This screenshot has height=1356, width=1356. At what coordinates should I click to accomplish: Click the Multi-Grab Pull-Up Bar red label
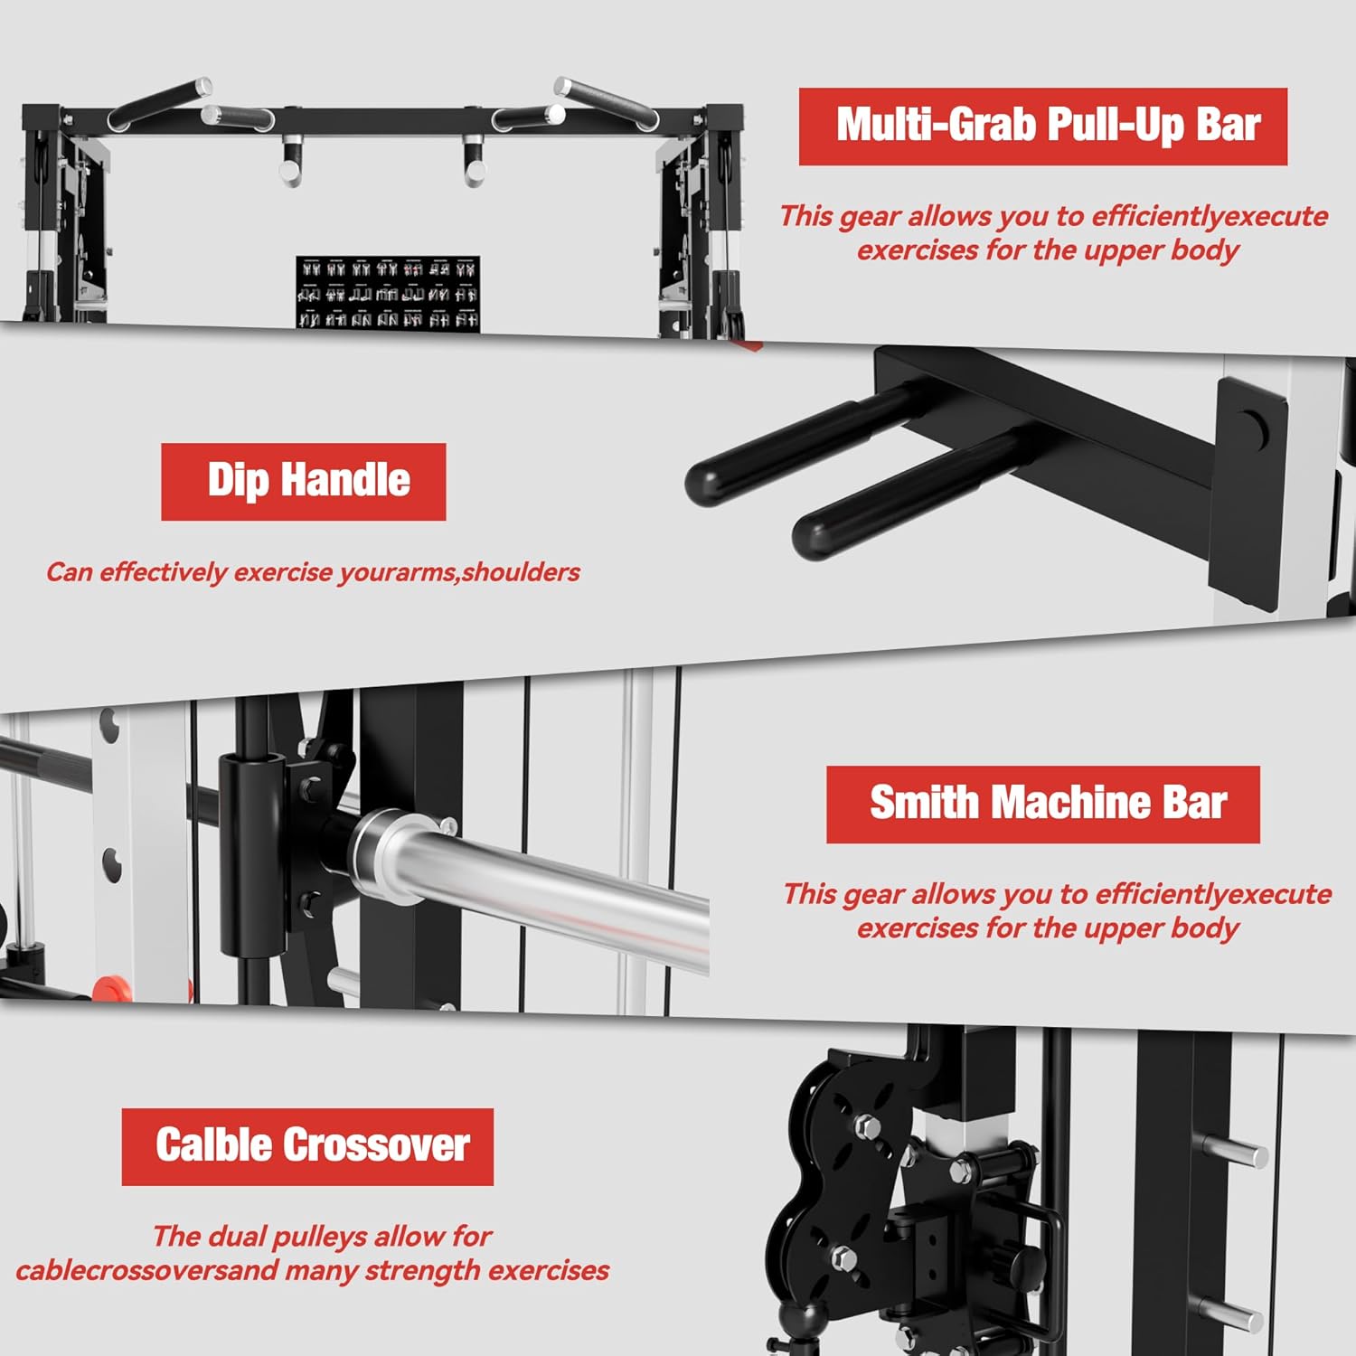point(1042,126)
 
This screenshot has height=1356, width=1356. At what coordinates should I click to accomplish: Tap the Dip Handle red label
point(303,481)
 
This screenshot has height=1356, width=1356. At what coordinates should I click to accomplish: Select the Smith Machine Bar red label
point(1042,804)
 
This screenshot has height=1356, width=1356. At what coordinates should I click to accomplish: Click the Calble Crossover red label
point(307,1145)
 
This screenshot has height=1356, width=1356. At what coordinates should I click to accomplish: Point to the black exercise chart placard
point(387,293)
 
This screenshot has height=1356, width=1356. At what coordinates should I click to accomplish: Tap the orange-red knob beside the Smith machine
point(112,988)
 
